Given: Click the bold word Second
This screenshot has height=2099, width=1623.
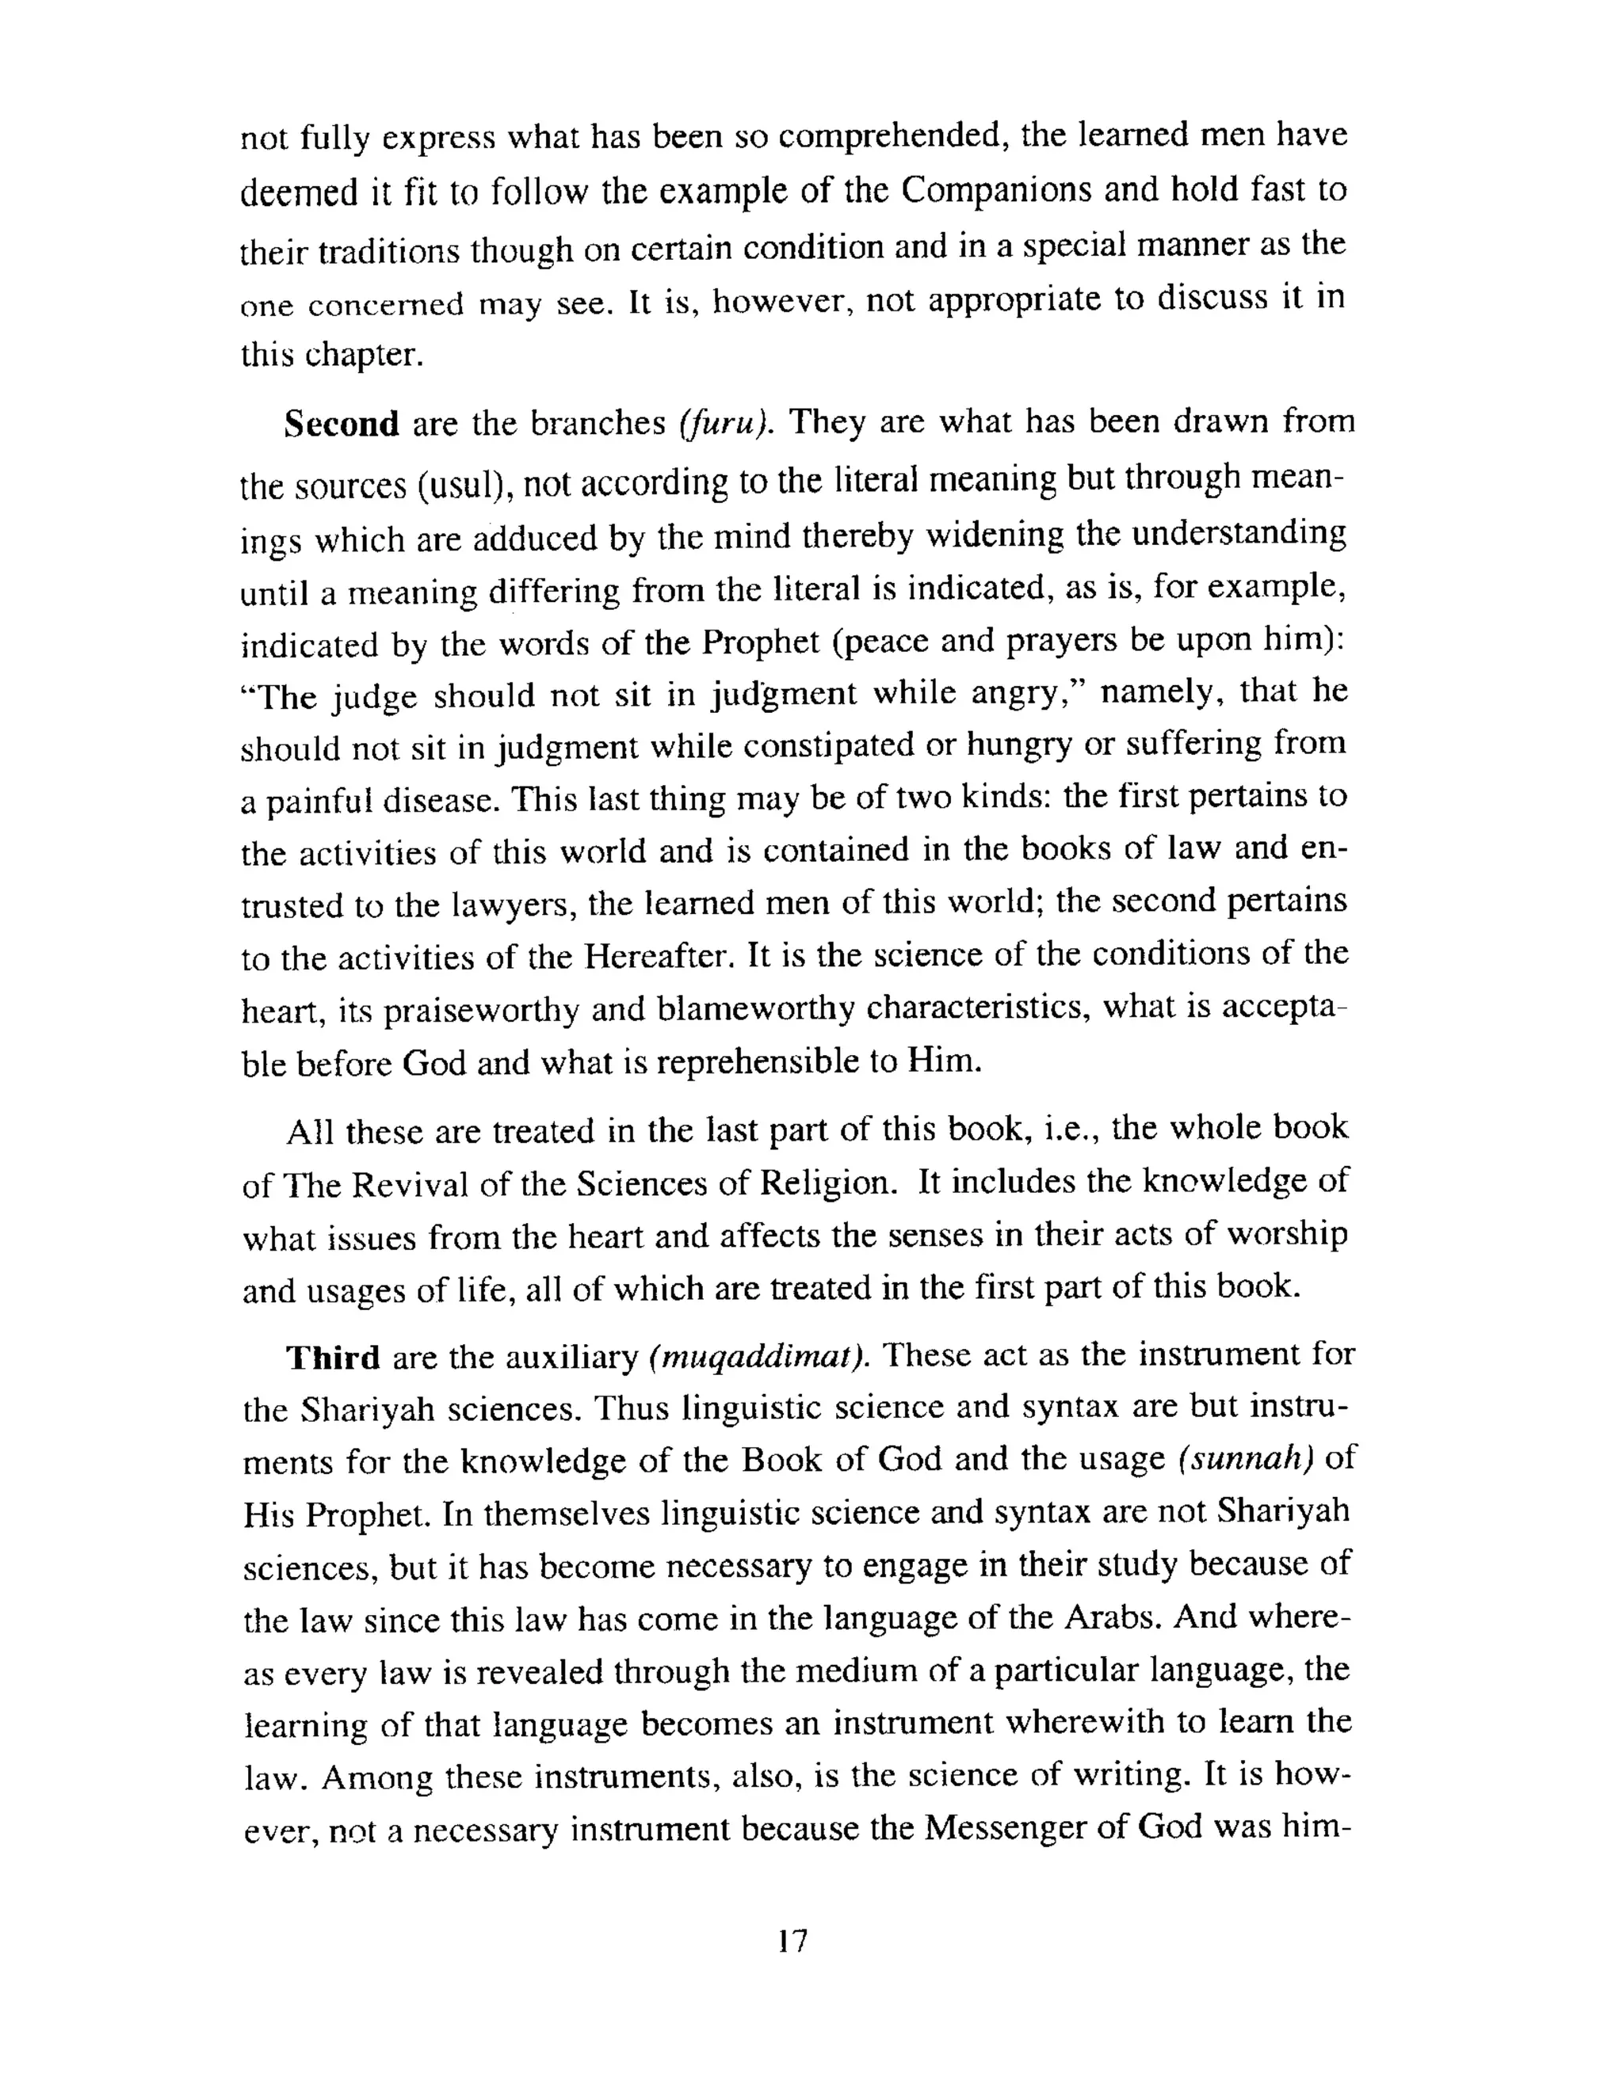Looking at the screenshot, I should [342, 424].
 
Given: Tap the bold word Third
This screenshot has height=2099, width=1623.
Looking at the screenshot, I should [333, 1358].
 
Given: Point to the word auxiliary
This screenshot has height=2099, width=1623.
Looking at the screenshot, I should [572, 1358].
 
